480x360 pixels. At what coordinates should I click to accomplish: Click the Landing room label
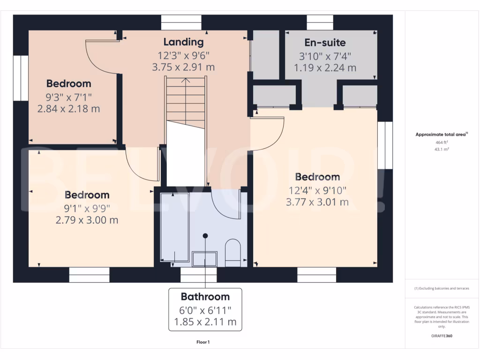click(183, 42)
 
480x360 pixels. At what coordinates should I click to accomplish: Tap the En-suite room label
click(325, 43)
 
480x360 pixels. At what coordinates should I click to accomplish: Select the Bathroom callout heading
click(205, 297)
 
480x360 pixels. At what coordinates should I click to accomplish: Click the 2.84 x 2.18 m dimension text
click(69, 109)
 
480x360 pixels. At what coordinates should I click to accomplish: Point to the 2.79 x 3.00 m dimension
click(87, 220)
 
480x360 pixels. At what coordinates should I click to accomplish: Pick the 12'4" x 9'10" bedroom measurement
click(317, 190)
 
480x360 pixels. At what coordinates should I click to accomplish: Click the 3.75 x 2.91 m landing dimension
click(183, 67)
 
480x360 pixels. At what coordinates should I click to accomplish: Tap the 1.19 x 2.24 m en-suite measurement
click(325, 68)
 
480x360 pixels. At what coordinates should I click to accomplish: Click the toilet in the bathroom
click(232, 253)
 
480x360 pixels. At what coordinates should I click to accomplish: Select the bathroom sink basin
click(205, 258)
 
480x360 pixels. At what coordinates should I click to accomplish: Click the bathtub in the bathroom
click(175, 227)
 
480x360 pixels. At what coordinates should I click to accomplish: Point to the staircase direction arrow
click(186, 81)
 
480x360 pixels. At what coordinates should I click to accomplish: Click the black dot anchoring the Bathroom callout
click(205, 235)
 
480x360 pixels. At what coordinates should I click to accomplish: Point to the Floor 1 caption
click(203, 342)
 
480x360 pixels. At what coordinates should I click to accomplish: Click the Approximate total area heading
click(440, 135)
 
